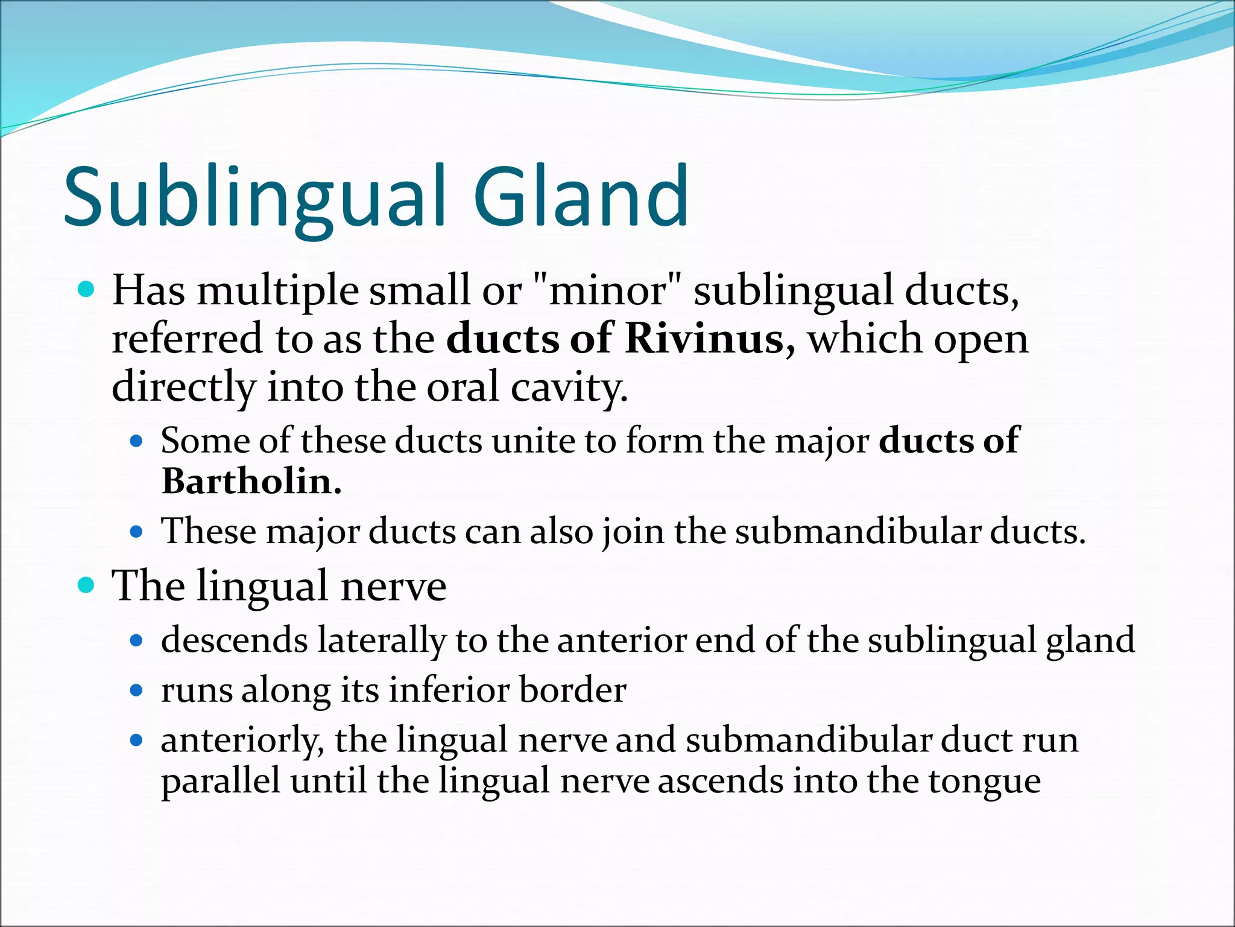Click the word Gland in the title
coord(580,197)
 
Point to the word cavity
coord(569,387)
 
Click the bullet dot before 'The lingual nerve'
coord(87,585)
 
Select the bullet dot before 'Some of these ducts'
coord(137,441)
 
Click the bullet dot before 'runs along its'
coord(137,690)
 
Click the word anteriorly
coord(242,741)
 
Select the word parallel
coord(221,781)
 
